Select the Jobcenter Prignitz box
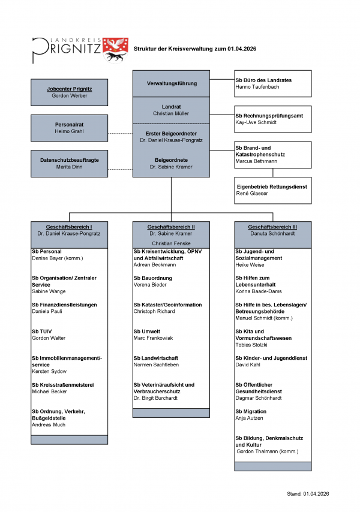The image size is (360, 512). click(x=70, y=92)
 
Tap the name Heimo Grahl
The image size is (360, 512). click(x=70, y=131)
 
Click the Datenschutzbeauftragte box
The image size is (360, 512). click(x=70, y=163)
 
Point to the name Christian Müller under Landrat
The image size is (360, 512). click(x=171, y=113)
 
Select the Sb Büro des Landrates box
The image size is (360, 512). click(x=272, y=83)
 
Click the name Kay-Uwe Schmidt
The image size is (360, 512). click(x=256, y=122)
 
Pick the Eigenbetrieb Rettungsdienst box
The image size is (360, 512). click(x=272, y=190)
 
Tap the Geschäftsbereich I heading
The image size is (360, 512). click(x=70, y=227)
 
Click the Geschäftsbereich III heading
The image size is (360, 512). click(x=272, y=227)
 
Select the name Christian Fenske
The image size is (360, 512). click(x=171, y=243)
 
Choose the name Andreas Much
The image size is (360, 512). click(x=48, y=424)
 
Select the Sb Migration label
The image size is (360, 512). click(x=251, y=411)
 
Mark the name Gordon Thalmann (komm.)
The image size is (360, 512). click(x=267, y=451)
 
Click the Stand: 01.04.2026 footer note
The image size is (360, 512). click(x=308, y=493)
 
